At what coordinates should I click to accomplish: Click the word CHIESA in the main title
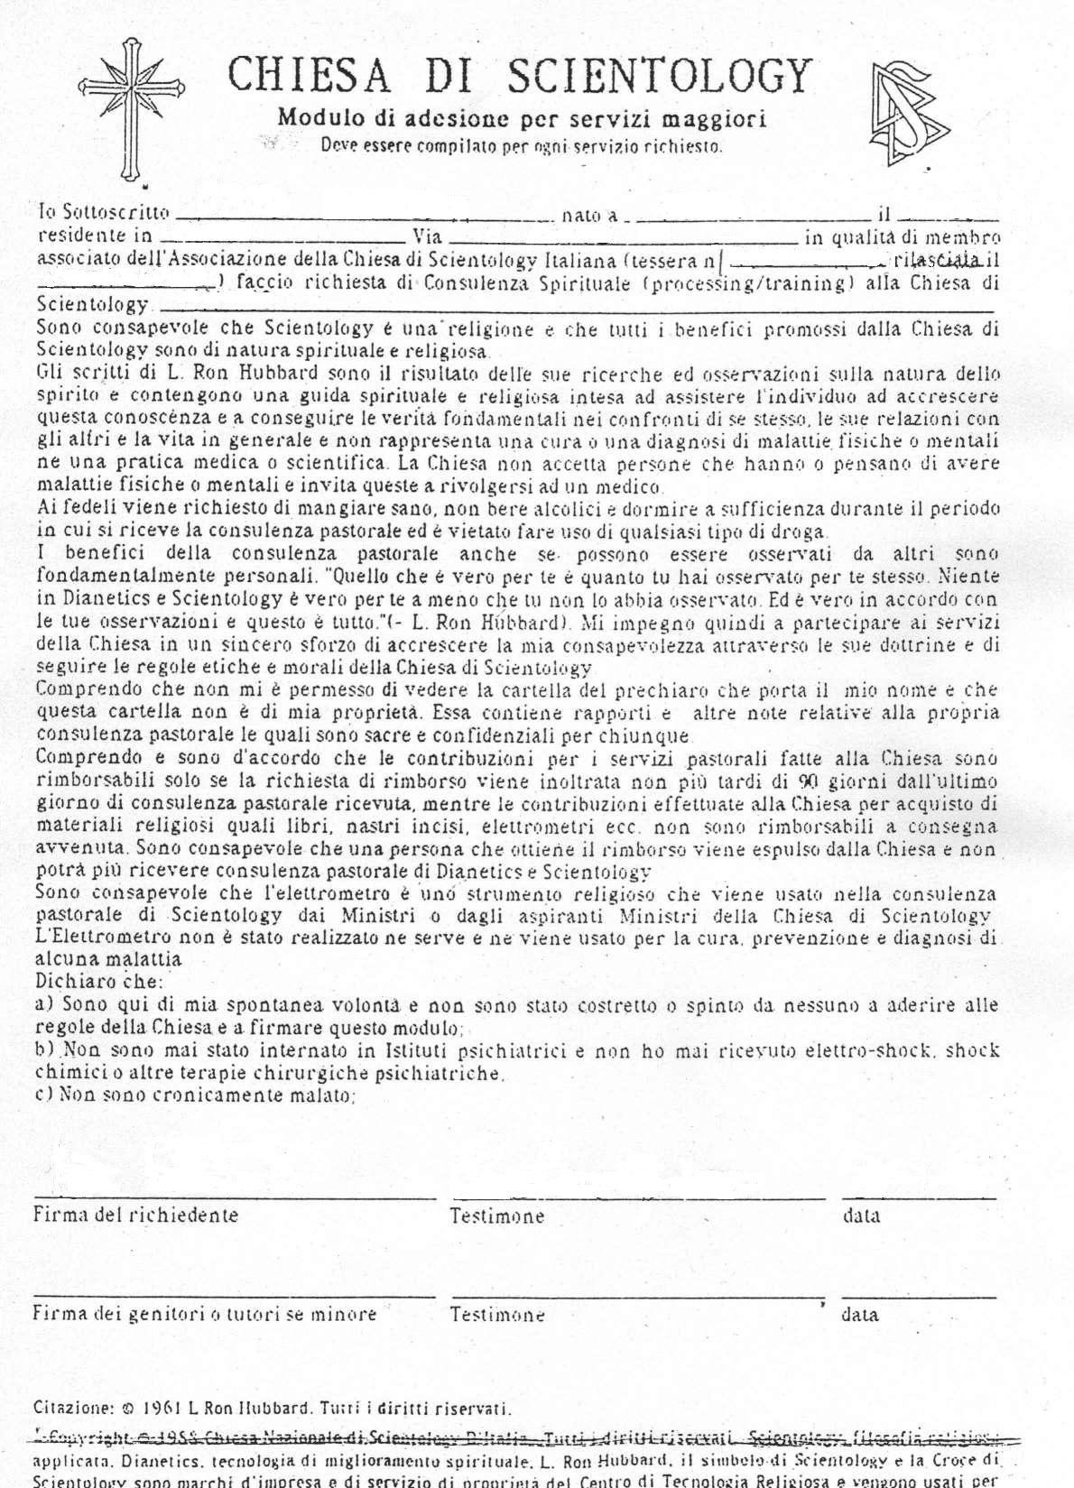[x=309, y=75]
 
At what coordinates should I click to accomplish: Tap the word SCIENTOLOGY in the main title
[x=660, y=75]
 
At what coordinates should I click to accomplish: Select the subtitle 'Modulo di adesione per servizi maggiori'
[x=522, y=118]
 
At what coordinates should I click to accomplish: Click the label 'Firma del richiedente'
[x=136, y=1215]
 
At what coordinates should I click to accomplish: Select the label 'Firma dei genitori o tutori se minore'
[x=205, y=1314]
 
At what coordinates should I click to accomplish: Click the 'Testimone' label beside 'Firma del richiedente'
[x=497, y=1215]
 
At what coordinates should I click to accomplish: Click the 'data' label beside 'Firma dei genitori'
[x=859, y=1314]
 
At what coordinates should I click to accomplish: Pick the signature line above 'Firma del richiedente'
[x=235, y=1198]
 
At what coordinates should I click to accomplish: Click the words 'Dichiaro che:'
[x=99, y=981]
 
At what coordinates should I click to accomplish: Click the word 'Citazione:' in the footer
[x=73, y=1408]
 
